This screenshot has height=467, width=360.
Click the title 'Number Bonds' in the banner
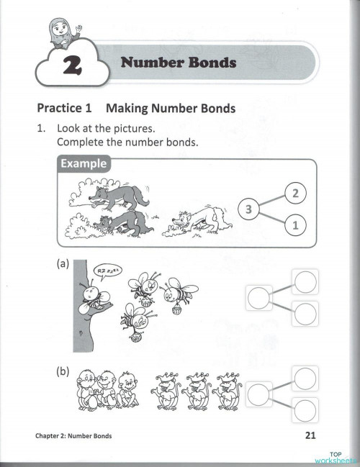179,63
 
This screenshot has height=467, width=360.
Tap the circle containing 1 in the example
295,225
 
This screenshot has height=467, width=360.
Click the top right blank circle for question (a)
305,281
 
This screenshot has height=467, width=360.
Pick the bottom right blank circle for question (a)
305,313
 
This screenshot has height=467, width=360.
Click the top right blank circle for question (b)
305,377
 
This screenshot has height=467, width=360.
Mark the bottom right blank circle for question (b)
305,409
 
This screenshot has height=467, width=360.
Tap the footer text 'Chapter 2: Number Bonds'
74,436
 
